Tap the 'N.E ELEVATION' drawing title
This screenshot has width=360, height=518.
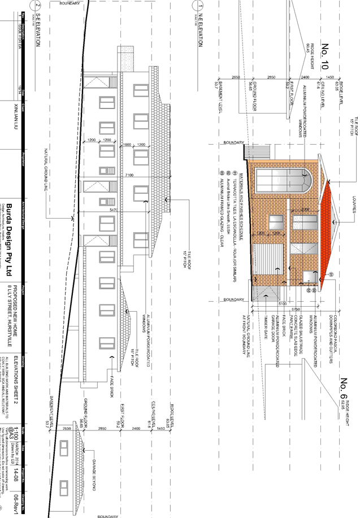click(x=198, y=42)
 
